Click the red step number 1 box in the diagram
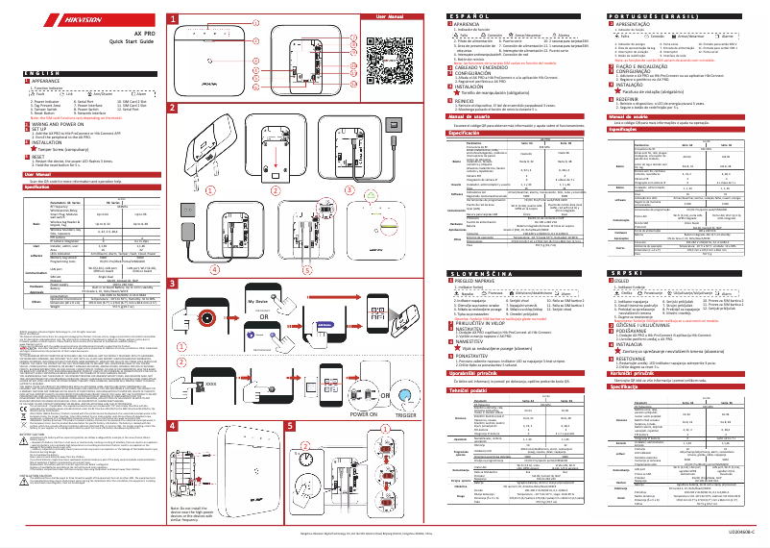coord(173,19)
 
